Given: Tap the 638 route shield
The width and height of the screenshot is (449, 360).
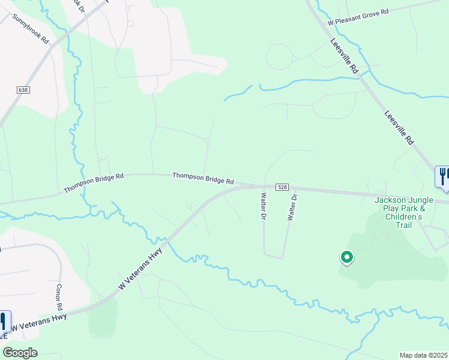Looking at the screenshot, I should (23, 90).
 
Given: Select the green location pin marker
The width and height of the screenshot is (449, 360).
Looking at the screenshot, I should (346, 258).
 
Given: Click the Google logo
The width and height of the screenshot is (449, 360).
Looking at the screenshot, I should (19, 352).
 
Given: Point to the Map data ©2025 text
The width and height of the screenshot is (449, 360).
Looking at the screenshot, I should (423, 355).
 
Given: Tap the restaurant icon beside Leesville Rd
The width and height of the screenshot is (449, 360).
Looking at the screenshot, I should (442, 176).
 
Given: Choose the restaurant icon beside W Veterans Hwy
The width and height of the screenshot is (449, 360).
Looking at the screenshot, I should (4, 322).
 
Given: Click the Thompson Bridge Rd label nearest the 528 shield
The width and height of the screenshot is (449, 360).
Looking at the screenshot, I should (203, 178).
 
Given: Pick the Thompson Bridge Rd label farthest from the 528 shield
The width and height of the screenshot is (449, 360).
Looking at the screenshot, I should (94, 183).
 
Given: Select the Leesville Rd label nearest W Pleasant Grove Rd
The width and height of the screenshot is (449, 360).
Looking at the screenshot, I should (345, 56).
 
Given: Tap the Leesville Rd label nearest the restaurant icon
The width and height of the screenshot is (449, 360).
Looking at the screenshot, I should (399, 127).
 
